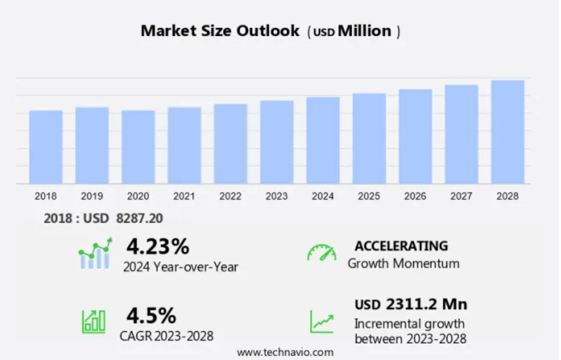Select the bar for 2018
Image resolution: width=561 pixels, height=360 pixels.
(46, 147)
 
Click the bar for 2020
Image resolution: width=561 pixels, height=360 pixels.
(138, 147)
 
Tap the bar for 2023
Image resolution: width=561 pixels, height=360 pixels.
(277, 142)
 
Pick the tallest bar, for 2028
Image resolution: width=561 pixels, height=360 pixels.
(507, 132)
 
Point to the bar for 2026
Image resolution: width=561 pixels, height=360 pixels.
(415, 137)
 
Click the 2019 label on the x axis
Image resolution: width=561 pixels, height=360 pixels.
(92, 197)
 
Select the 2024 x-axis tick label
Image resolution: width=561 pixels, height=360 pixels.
(323, 197)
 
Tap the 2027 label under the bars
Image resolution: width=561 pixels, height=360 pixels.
(462, 197)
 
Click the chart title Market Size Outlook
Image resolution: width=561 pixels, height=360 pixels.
(220, 31)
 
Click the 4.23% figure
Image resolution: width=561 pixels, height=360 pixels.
(158, 246)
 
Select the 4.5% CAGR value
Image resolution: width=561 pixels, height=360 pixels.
(151, 315)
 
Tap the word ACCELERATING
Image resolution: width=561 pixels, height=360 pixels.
(401, 246)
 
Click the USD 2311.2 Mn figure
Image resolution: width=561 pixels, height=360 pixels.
(411, 304)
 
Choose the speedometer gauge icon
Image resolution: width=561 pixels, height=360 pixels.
(321, 253)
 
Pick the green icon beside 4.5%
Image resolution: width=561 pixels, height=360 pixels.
(93, 321)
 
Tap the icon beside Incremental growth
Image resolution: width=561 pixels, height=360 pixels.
(322, 322)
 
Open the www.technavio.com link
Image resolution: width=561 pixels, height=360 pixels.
(285, 352)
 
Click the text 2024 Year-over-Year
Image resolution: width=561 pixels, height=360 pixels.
(181, 267)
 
